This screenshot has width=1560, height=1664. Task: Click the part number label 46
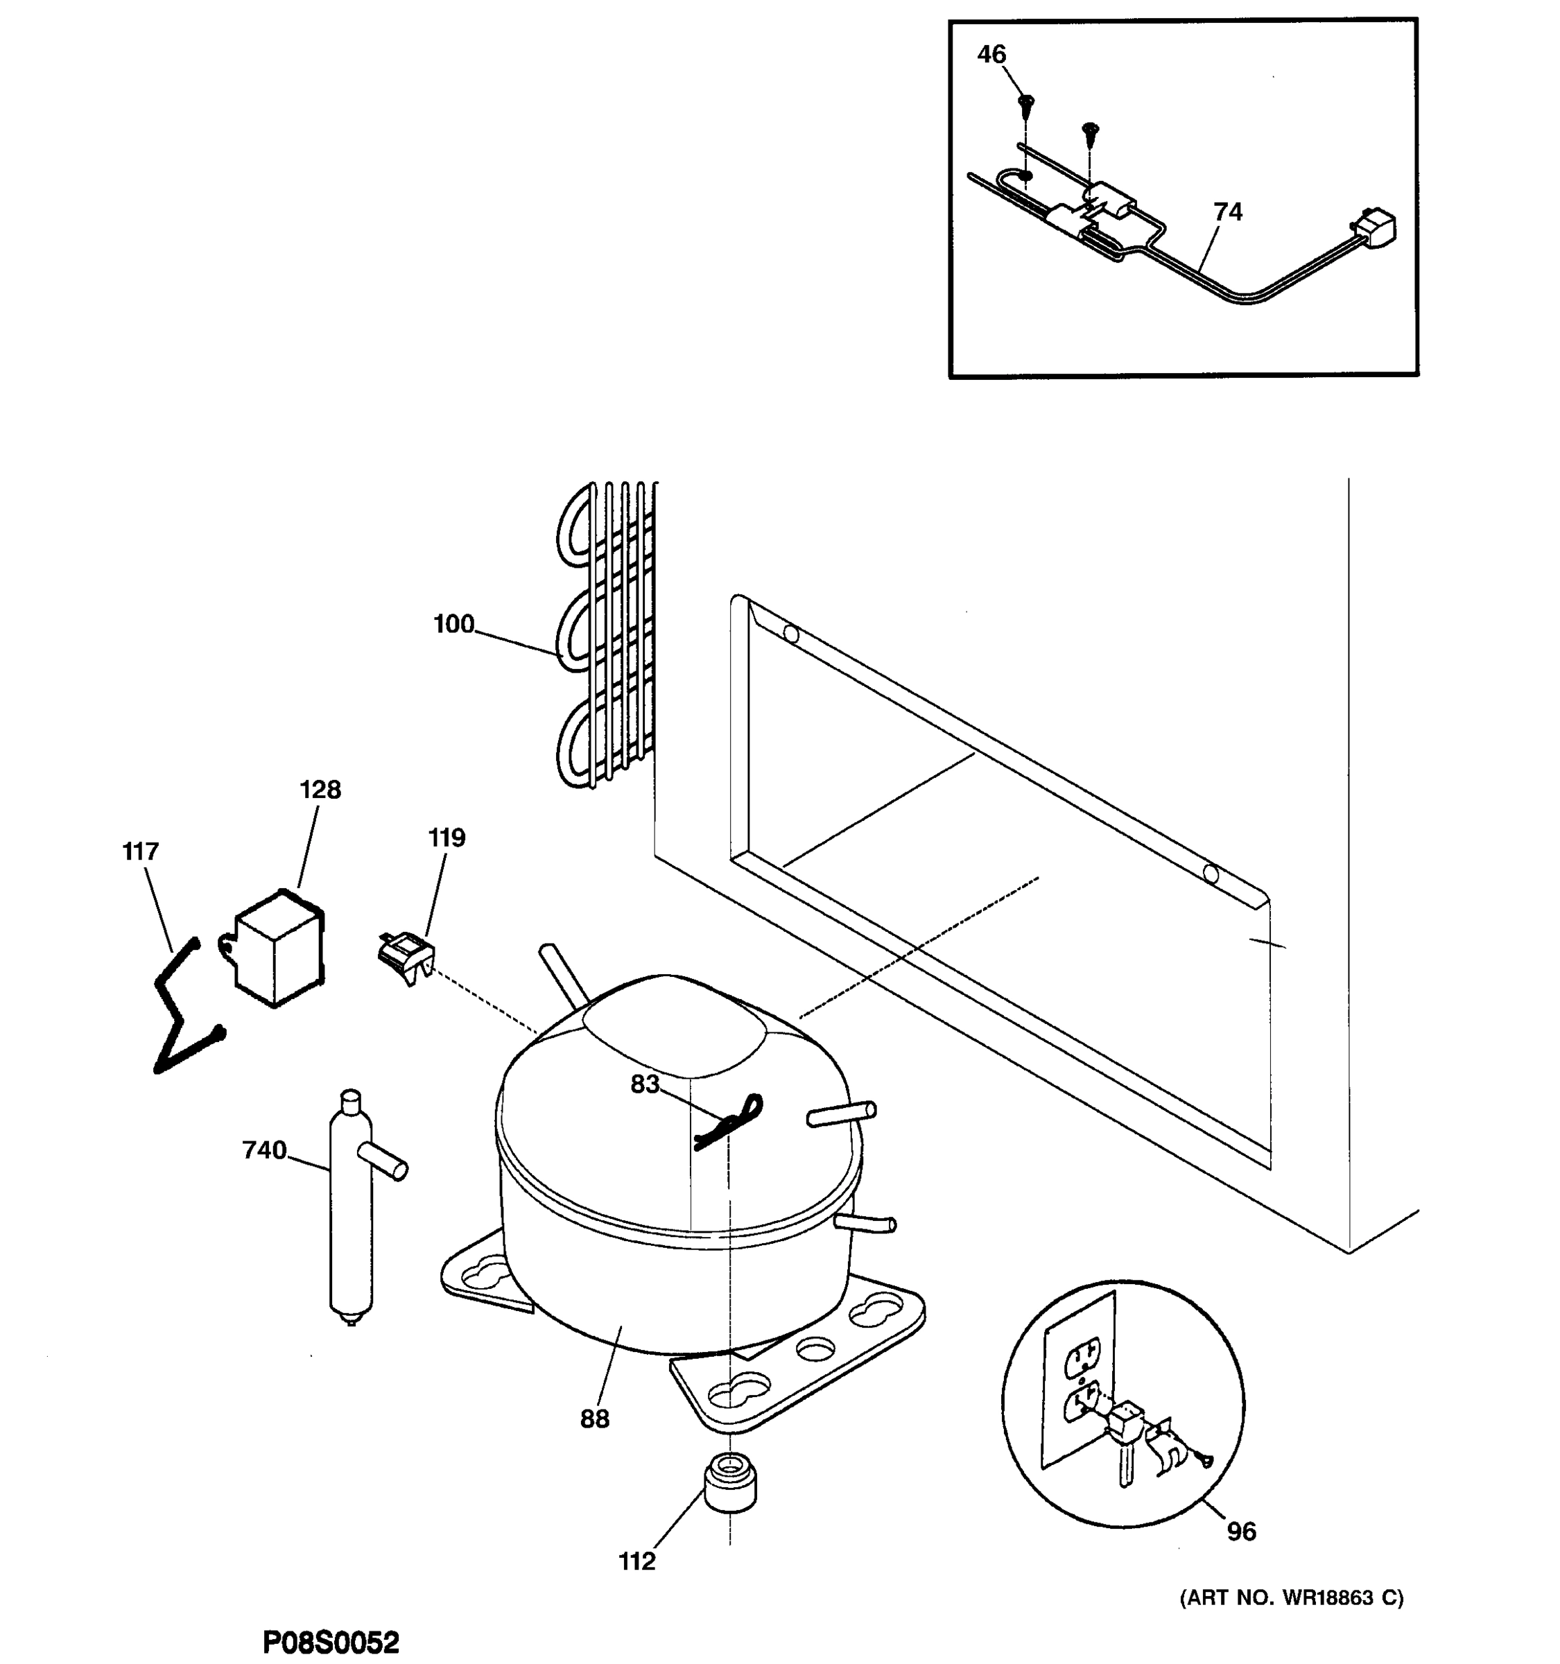coord(991,54)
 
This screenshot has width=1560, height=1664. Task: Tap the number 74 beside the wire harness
coord(1227,211)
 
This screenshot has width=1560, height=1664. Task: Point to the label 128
coord(320,789)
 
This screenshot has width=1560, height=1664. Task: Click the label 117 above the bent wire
coord(140,851)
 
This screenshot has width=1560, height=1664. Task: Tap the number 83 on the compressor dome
coord(644,1084)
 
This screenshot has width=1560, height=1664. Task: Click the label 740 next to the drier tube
coord(264,1150)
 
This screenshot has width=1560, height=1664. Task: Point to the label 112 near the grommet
coord(637,1561)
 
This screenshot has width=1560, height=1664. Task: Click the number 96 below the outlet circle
coord(1241,1531)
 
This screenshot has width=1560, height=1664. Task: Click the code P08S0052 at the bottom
coord(331,1643)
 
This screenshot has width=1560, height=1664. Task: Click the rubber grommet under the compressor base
coord(730,1482)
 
